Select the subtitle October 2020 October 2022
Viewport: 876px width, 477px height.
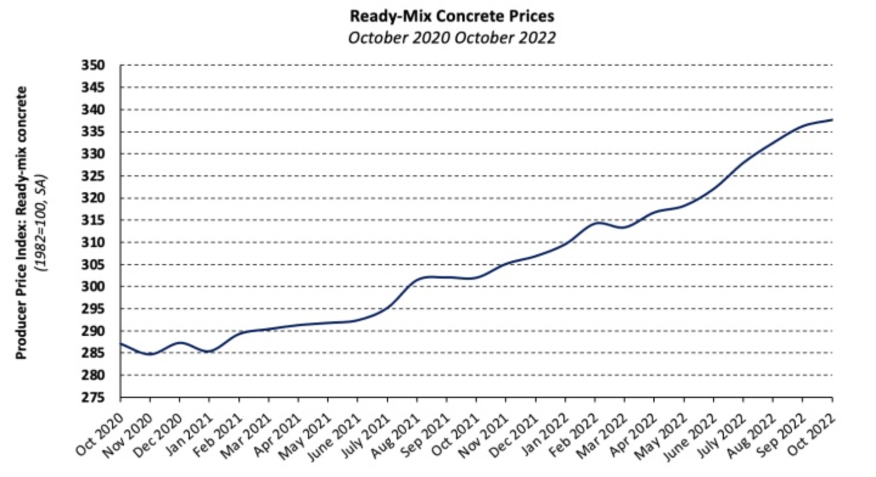[x=451, y=37]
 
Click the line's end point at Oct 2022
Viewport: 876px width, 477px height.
[x=832, y=120]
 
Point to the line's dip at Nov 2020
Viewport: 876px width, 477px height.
[x=150, y=354]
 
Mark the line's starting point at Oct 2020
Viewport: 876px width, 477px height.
[x=120, y=344]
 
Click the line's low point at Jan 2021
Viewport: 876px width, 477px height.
[x=209, y=352]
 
